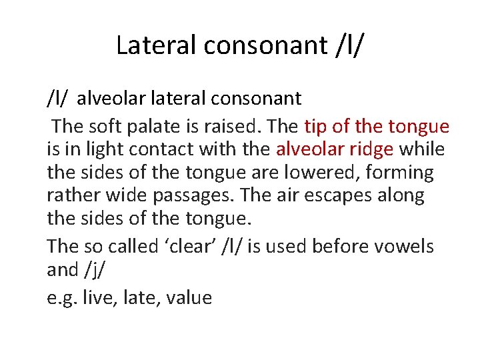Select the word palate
pos(155,125)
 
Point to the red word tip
pos(317,125)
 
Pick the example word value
pos(189,297)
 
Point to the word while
pos(421,149)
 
